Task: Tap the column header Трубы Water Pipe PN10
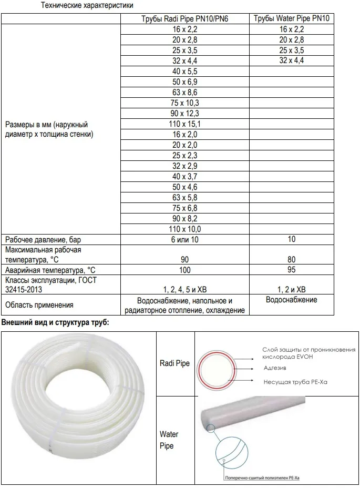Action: (x=291, y=19)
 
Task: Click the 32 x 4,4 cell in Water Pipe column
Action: (x=291, y=61)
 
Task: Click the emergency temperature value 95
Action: (x=291, y=270)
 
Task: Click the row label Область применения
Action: (x=39, y=305)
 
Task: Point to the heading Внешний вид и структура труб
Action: (x=56, y=321)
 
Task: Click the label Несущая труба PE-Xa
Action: (x=295, y=382)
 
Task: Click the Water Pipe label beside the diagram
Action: (x=169, y=440)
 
